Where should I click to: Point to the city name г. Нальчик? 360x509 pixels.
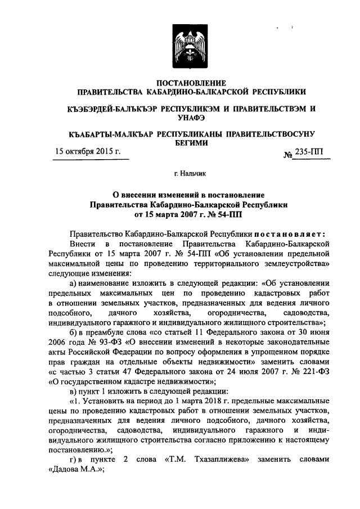pos(191,175)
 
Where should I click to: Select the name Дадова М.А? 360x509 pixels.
pos(73,470)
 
